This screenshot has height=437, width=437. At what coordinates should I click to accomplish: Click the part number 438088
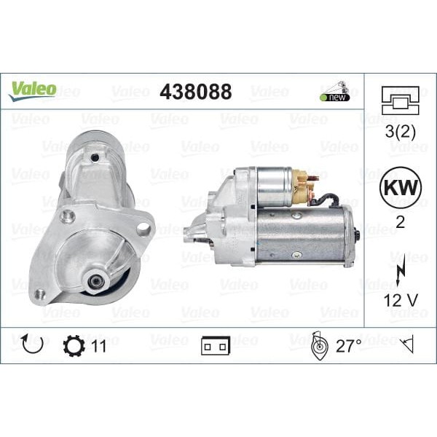click(x=195, y=92)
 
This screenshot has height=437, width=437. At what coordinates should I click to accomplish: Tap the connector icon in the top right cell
click(x=400, y=101)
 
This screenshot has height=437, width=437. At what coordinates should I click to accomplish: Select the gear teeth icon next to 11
click(x=74, y=345)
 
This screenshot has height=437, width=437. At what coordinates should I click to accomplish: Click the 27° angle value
click(x=348, y=346)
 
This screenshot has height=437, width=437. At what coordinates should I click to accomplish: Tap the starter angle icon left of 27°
click(x=318, y=345)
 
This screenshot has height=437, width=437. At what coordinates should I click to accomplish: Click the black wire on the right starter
click(x=328, y=197)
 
